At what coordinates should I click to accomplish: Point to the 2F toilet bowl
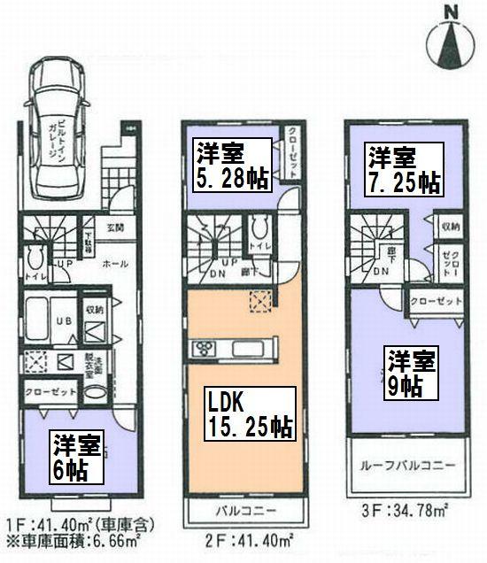(x=259, y=228)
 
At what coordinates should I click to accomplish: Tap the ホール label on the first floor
(x=111, y=264)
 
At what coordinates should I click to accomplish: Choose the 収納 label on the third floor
(x=450, y=227)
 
